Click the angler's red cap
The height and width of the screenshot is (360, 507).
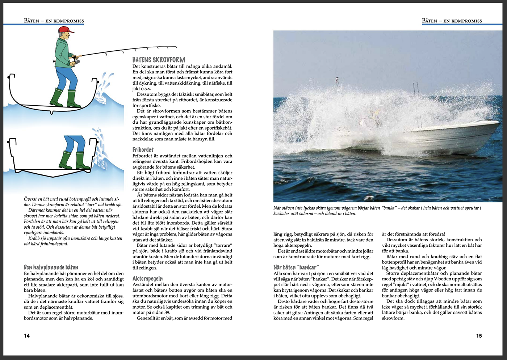coord(66,30)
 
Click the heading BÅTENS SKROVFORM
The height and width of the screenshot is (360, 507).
coord(159,60)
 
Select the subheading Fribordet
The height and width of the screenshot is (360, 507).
coord(143,149)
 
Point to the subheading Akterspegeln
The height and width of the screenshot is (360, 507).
coord(147,279)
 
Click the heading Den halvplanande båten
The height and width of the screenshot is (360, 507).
coord(51,267)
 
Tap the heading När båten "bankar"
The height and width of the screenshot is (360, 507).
coord(296,267)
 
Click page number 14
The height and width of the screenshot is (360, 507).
coord(27,336)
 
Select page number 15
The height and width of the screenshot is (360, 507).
coord(479,336)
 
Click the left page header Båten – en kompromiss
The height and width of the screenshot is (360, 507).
coord(54,21)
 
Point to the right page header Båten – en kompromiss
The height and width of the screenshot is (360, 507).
coord(452,21)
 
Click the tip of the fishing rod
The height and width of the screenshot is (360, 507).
coord(176,47)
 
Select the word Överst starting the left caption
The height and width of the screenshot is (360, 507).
coord(30,199)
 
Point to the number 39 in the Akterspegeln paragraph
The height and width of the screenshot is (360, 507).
coord(167,313)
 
